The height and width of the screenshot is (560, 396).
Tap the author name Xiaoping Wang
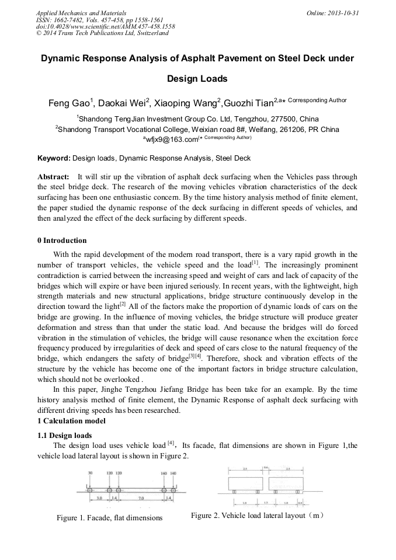point(185,104)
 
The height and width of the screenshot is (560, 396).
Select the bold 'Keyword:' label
point(54,158)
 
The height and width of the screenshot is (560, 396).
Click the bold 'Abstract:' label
point(53,176)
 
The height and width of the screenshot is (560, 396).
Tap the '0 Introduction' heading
point(62,241)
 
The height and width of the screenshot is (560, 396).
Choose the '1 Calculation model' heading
point(71,421)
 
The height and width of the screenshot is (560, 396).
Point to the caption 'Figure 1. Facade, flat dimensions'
point(109,518)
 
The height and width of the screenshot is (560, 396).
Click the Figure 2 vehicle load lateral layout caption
point(257,516)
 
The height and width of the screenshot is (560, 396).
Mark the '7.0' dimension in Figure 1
point(141,498)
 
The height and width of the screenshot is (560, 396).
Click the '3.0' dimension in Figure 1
point(99,498)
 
